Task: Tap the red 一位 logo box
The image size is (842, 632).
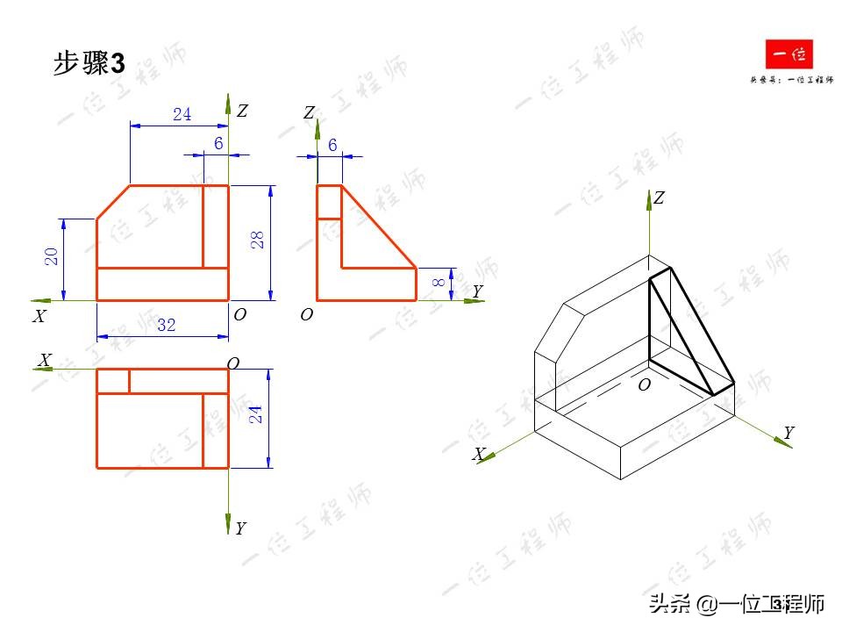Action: (x=789, y=57)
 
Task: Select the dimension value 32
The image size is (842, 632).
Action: (x=166, y=325)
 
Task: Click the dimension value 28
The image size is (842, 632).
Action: (x=259, y=240)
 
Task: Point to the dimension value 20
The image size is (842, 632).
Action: (x=52, y=256)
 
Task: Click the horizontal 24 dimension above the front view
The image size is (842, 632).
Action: (x=182, y=114)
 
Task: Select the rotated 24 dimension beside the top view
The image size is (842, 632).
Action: (x=256, y=413)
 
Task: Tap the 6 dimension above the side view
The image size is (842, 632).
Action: (x=332, y=145)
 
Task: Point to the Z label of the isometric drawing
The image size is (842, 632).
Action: (x=659, y=198)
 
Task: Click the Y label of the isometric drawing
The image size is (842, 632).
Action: (x=788, y=433)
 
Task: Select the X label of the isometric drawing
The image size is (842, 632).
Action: (x=479, y=454)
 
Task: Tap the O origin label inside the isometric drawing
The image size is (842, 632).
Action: (x=644, y=384)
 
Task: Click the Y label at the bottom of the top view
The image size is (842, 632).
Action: (x=240, y=528)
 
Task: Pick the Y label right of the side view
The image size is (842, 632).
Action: (x=477, y=291)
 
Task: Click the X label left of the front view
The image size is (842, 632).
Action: (x=39, y=317)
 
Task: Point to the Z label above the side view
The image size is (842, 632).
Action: (x=309, y=112)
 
